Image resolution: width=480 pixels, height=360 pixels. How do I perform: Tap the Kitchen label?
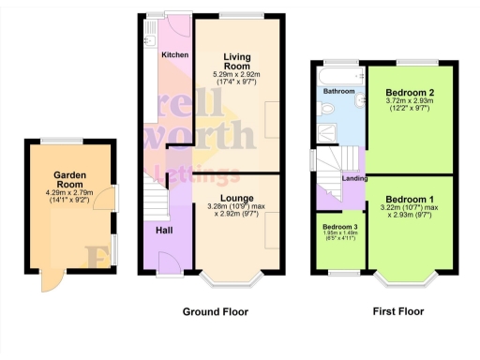pyautogui.click(x=174, y=55)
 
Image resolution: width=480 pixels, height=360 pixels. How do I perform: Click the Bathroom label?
pyautogui.click(x=338, y=92)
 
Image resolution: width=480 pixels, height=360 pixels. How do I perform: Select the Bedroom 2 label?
pyautogui.click(x=410, y=92)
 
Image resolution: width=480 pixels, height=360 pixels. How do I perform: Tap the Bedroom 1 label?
pyautogui.click(x=410, y=199)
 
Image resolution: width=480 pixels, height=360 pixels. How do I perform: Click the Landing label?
pyautogui.click(x=353, y=178)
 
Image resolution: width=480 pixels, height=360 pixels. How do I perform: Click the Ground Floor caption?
pyautogui.click(x=215, y=311)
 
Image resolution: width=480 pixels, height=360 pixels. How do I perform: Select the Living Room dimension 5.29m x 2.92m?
pyautogui.click(x=235, y=75)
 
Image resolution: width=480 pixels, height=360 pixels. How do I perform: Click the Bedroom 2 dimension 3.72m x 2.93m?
pyautogui.click(x=410, y=103)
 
